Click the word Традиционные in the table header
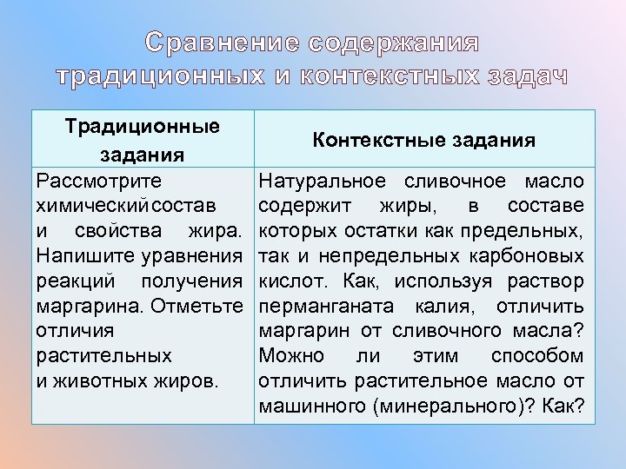pyautogui.click(x=142, y=126)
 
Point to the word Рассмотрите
pyautogui.click(x=97, y=182)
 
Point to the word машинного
pyautogui.click(x=303, y=406)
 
